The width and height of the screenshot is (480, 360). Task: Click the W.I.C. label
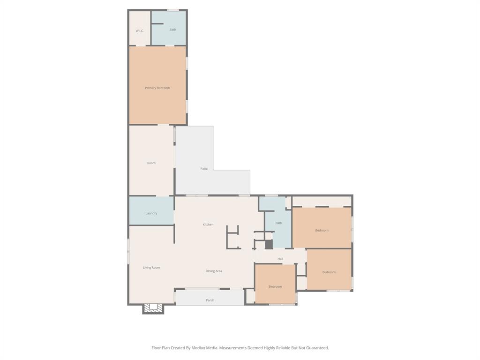[139, 31]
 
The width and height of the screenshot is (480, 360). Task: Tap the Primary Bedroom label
[157, 88]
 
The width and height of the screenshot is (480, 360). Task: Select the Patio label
[204, 169]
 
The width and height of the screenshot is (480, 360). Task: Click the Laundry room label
[151, 213]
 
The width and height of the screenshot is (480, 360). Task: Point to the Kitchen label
[208, 225]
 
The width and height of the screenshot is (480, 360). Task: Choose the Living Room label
[151, 268]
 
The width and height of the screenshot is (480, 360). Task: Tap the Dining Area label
[214, 271]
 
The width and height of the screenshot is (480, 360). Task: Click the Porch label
[210, 300]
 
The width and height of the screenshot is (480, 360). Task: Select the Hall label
[280, 259]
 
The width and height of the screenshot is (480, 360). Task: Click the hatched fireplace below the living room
[153, 308]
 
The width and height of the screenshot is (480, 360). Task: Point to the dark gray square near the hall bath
[269, 245]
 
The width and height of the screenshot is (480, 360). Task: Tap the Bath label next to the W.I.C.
[172, 30]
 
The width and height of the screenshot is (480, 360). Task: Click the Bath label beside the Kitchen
[278, 223]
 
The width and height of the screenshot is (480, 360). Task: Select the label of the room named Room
[151, 163]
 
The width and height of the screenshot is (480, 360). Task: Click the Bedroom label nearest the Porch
[275, 286]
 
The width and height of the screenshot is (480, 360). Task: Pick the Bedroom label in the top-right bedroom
[322, 230]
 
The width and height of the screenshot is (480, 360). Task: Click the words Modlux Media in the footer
[206, 348]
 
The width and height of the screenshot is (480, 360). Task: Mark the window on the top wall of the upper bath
[173, 10]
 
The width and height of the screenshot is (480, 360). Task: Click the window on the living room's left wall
[128, 251]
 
